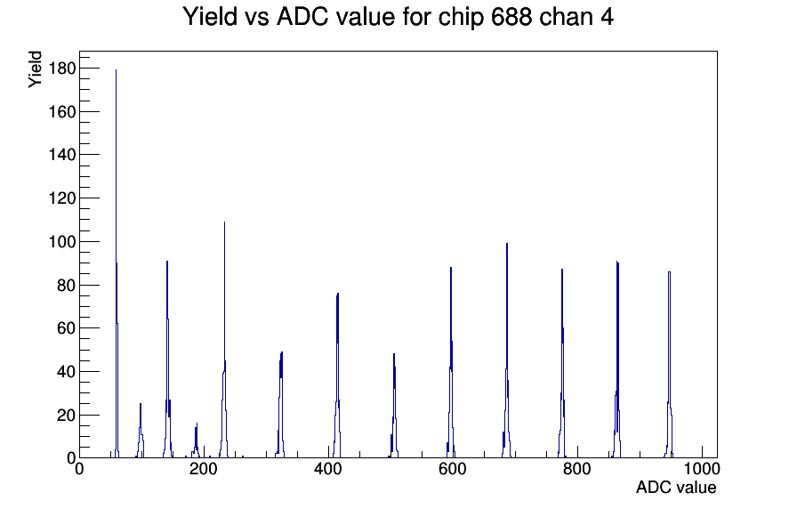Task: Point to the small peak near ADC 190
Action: click(x=197, y=441)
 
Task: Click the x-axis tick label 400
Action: click(x=328, y=469)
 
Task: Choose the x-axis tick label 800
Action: click(x=577, y=469)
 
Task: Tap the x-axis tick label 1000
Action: click(x=702, y=469)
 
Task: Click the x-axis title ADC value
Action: click(x=676, y=487)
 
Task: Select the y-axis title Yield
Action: click(x=35, y=69)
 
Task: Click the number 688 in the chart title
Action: click(x=511, y=16)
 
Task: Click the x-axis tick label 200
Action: click(x=204, y=469)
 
